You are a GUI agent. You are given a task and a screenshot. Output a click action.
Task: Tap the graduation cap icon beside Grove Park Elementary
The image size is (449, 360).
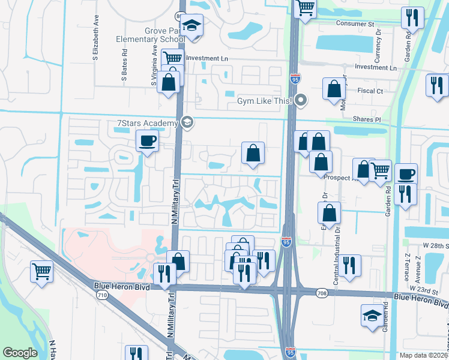193,26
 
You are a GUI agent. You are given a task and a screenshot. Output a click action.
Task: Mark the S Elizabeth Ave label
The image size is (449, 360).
95,43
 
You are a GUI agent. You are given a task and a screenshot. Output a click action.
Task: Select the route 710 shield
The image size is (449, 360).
102,295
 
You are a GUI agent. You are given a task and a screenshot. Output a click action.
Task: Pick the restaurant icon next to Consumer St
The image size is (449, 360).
412,18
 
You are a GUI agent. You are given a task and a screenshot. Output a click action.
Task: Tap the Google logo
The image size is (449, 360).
20,353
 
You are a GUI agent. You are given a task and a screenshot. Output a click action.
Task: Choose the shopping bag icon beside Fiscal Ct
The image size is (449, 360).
333,89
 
